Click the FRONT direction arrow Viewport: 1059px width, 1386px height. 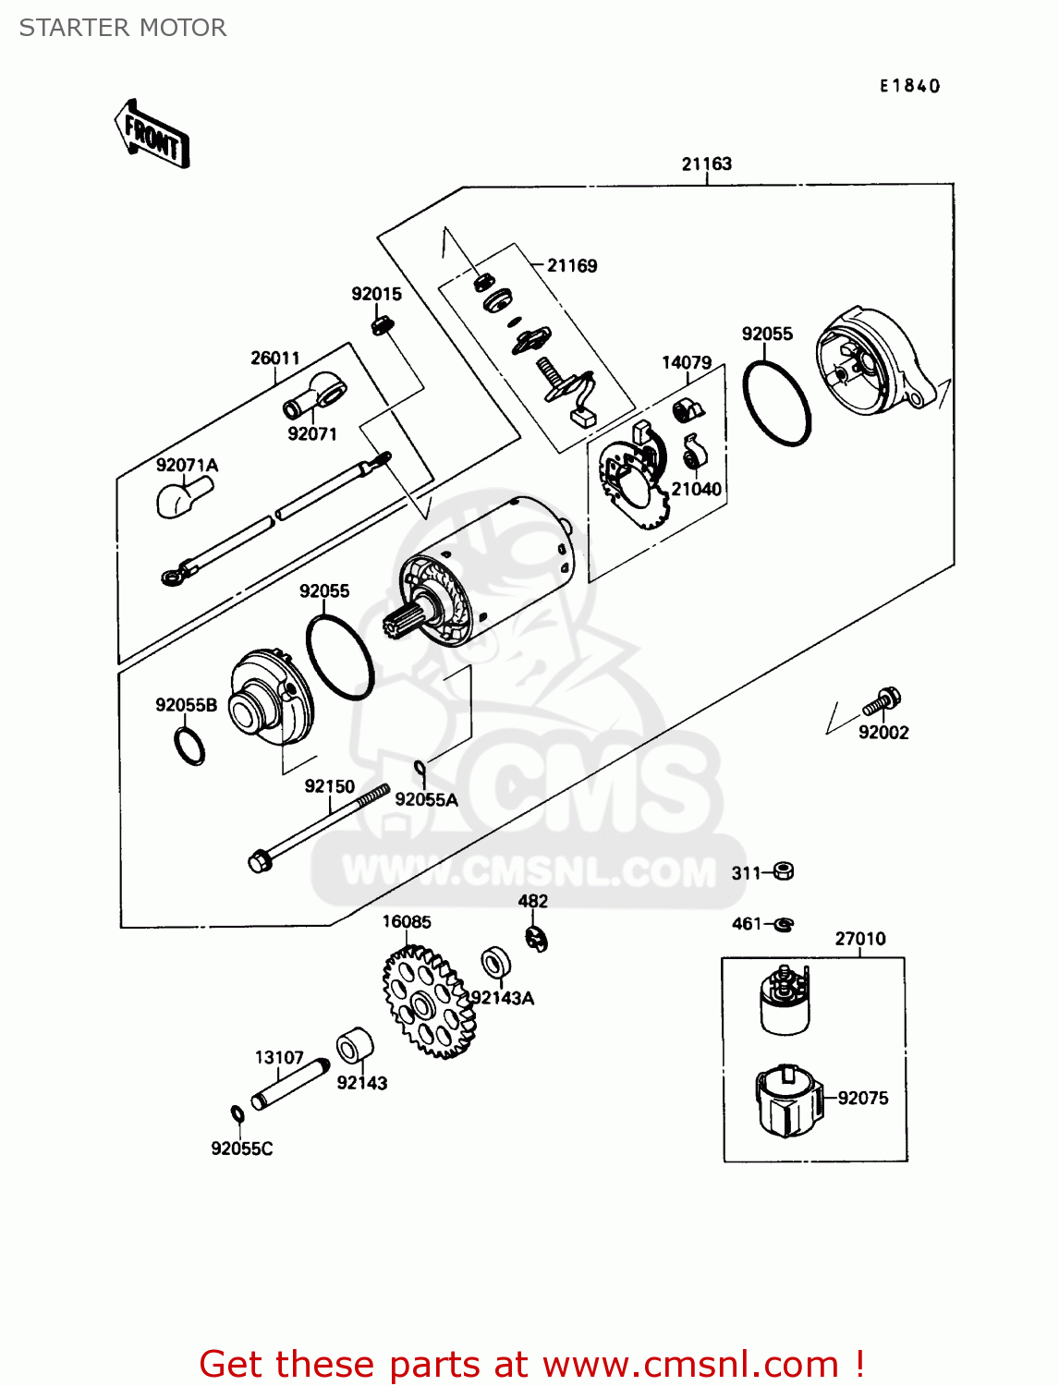click(x=152, y=135)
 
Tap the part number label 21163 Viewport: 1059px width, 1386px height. click(x=706, y=164)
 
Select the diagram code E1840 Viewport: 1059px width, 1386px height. click(x=909, y=86)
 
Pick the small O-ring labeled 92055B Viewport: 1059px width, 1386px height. click(x=189, y=746)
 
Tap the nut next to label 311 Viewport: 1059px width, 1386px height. click(x=783, y=870)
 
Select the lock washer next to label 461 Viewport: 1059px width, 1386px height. click(x=784, y=923)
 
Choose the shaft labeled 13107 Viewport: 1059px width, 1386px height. click(x=290, y=1085)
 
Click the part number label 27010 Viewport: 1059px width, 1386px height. click(x=859, y=939)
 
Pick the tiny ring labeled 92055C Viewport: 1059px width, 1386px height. click(x=237, y=1114)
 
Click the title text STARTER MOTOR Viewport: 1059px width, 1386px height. click(x=123, y=28)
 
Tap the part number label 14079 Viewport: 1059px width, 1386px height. click(x=686, y=362)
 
